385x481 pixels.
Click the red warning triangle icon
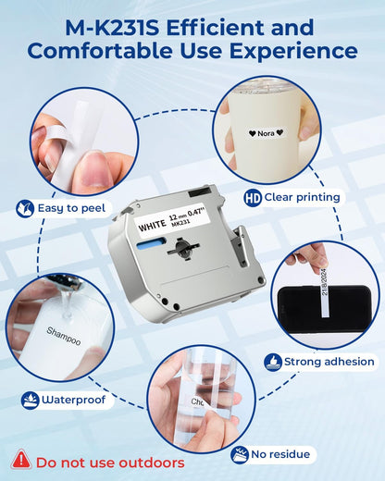(x=21, y=460)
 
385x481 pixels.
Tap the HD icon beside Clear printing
(x=253, y=198)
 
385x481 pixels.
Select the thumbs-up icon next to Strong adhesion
(x=273, y=362)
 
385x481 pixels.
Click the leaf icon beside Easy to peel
(x=25, y=209)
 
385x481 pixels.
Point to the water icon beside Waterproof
(x=30, y=401)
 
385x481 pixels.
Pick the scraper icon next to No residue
(x=240, y=455)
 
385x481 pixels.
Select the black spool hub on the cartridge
(x=183, y=248)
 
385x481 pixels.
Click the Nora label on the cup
(x=266, y=133)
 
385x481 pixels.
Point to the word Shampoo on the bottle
(x=64, y=336)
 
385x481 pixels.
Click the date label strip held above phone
(x=324, y=292)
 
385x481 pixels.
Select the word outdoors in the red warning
(x=152, y=462)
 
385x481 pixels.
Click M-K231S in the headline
(x=112, y=28)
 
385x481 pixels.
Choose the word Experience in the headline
(x=293, y=51)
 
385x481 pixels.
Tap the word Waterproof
(x=74, y=400)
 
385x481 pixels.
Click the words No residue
(x=280, y=454)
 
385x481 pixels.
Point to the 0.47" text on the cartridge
(x=196, y=213)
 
